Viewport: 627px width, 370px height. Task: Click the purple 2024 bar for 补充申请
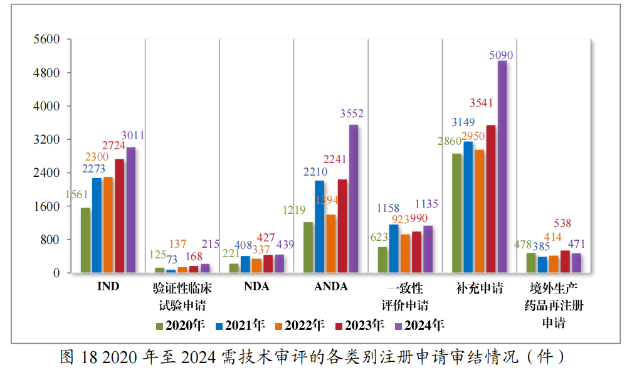click(x=502, y=166)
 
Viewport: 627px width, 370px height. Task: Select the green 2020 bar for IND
click(x=85, y=240)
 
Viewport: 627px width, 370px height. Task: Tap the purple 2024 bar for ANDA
click(x=354, y=199)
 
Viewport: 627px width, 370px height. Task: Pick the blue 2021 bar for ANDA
click(x=320, y=226)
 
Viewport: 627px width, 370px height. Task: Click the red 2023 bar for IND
click(x=119, y=216)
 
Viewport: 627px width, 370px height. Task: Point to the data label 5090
click(x=501, y=55)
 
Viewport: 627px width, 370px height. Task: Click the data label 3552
click(x=352, y=114)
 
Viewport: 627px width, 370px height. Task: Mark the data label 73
click(x=172, y=260)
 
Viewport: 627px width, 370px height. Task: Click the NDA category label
click(x=256, y=287)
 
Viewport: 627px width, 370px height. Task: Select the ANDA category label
click(x=330, y=287)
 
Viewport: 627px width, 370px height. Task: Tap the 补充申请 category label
click(x=479, y=288)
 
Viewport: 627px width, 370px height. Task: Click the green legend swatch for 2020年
click(x=160, y=325)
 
